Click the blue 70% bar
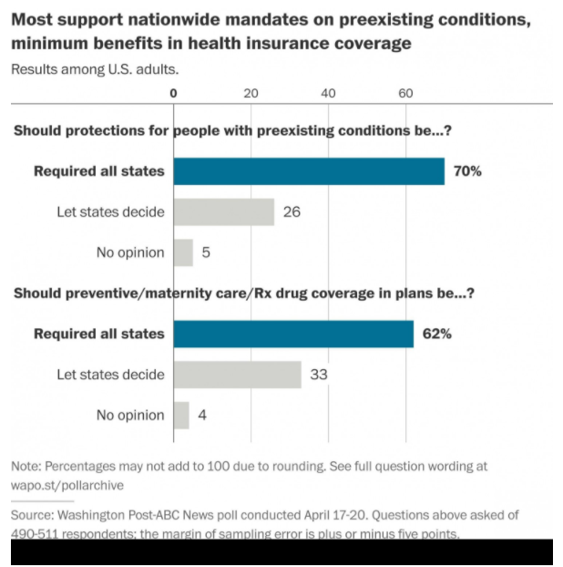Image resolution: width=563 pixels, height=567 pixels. pyautogui.click(x=309, y=171)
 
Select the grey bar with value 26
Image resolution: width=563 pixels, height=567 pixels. pyautogui.click(x=224, y=212)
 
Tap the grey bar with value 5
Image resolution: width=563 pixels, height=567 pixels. pyautogui.click(x=183, y=253)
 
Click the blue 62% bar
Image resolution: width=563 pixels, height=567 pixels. pyautogui.click(x=293, y=334)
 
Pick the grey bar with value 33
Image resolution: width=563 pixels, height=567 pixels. pyautogui.click(x=238, y=375)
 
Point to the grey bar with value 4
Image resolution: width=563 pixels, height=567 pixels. pyautogui.click(x=181, y=415)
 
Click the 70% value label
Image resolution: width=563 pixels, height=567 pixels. pyautogui.click(x=467, y=171)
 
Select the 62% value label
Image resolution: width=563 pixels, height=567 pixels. pyautogui.click(x=436, y=334)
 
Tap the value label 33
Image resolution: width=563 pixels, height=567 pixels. pyautogui.click(x=319, y=375)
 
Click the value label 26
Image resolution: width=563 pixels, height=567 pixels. pyautogui.click(x=292, y=212)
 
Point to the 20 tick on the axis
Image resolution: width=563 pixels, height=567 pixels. pyautogui.click(x=251, y=93)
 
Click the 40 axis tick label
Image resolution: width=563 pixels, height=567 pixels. pyautogui.click(x=329, y=93)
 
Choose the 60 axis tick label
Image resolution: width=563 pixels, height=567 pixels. pyautogui.click(x=406, y=93)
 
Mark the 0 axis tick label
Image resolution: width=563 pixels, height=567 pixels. pyautogui.click(x=174, y=93)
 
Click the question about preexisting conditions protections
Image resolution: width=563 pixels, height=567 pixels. pyautogui.click(x=233, y=130)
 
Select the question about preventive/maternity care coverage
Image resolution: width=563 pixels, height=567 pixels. pyautogui.click(x=243, y=294)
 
